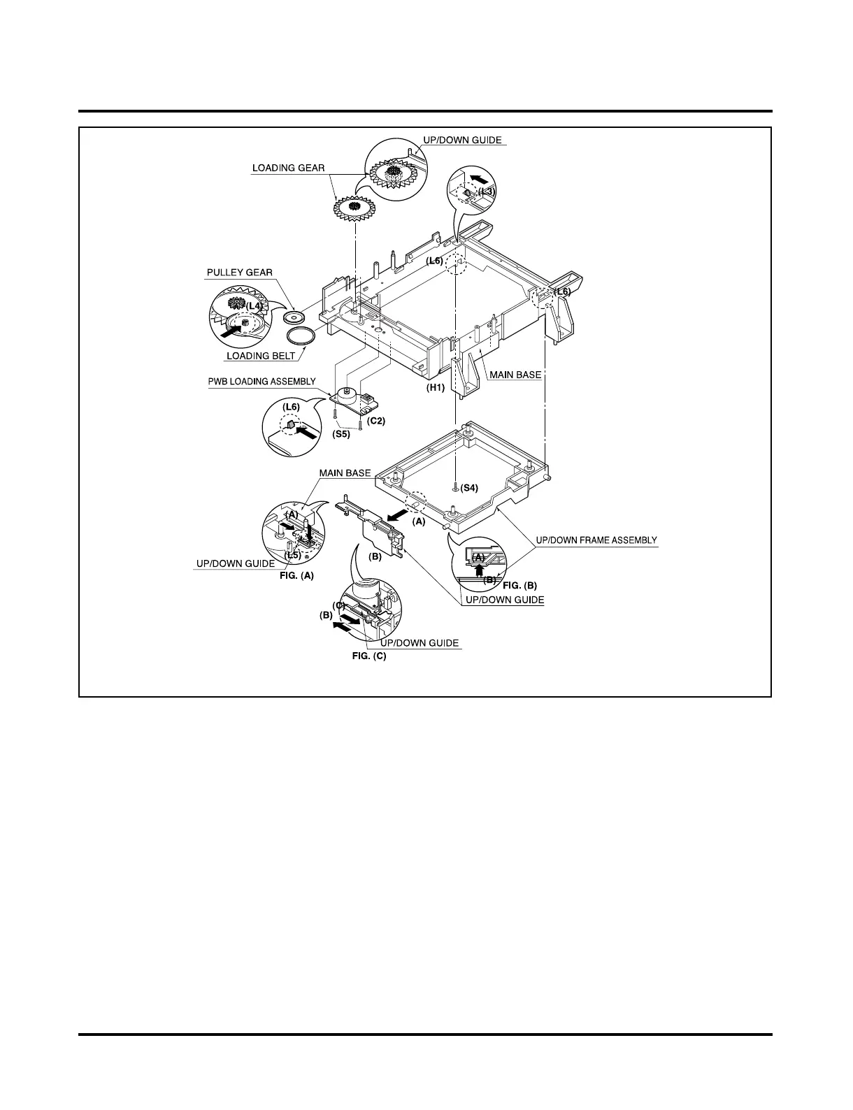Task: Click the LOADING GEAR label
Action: [288, 168]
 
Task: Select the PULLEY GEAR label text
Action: [239, 272]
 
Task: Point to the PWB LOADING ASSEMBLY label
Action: [261, 382]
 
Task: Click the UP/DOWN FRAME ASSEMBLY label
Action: [596, 540]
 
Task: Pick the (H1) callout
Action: [436, 387]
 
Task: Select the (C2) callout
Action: [376, 421]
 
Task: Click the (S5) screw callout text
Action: [341, 434]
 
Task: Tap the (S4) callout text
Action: [469, 488]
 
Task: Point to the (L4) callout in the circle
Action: [254, 306]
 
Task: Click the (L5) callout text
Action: [292, 555]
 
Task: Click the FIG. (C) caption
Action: [368, 656]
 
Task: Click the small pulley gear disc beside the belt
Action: [295, 317]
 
